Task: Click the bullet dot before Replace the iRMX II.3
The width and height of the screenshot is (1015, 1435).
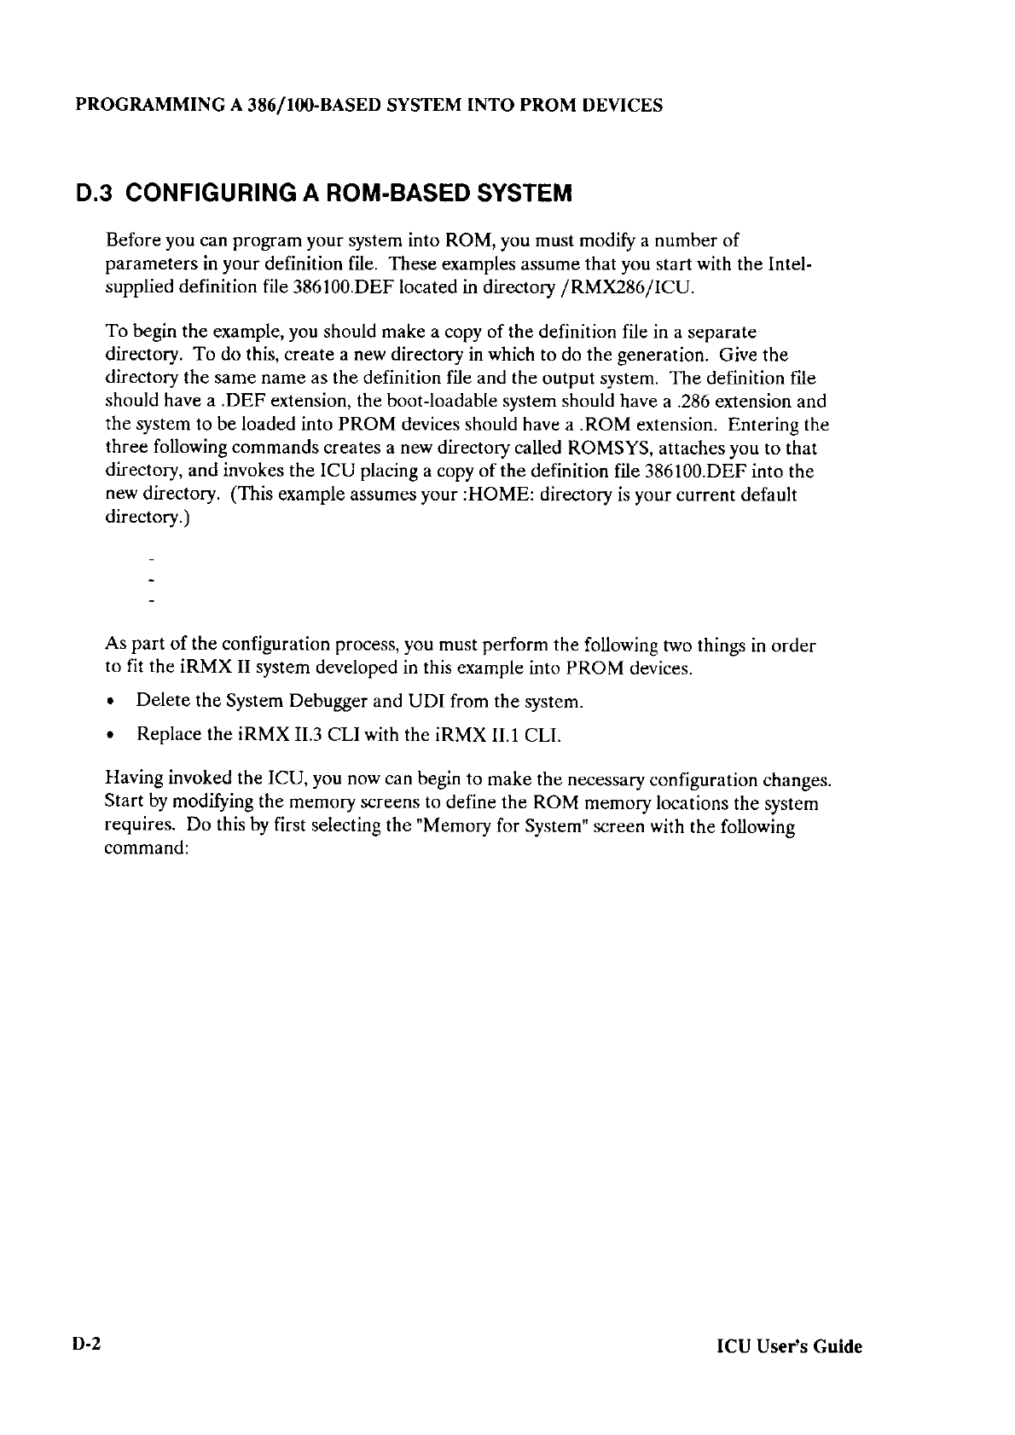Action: click(x=111, y=735)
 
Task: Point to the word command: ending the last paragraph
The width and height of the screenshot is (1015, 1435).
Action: click(x=145, y=850)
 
